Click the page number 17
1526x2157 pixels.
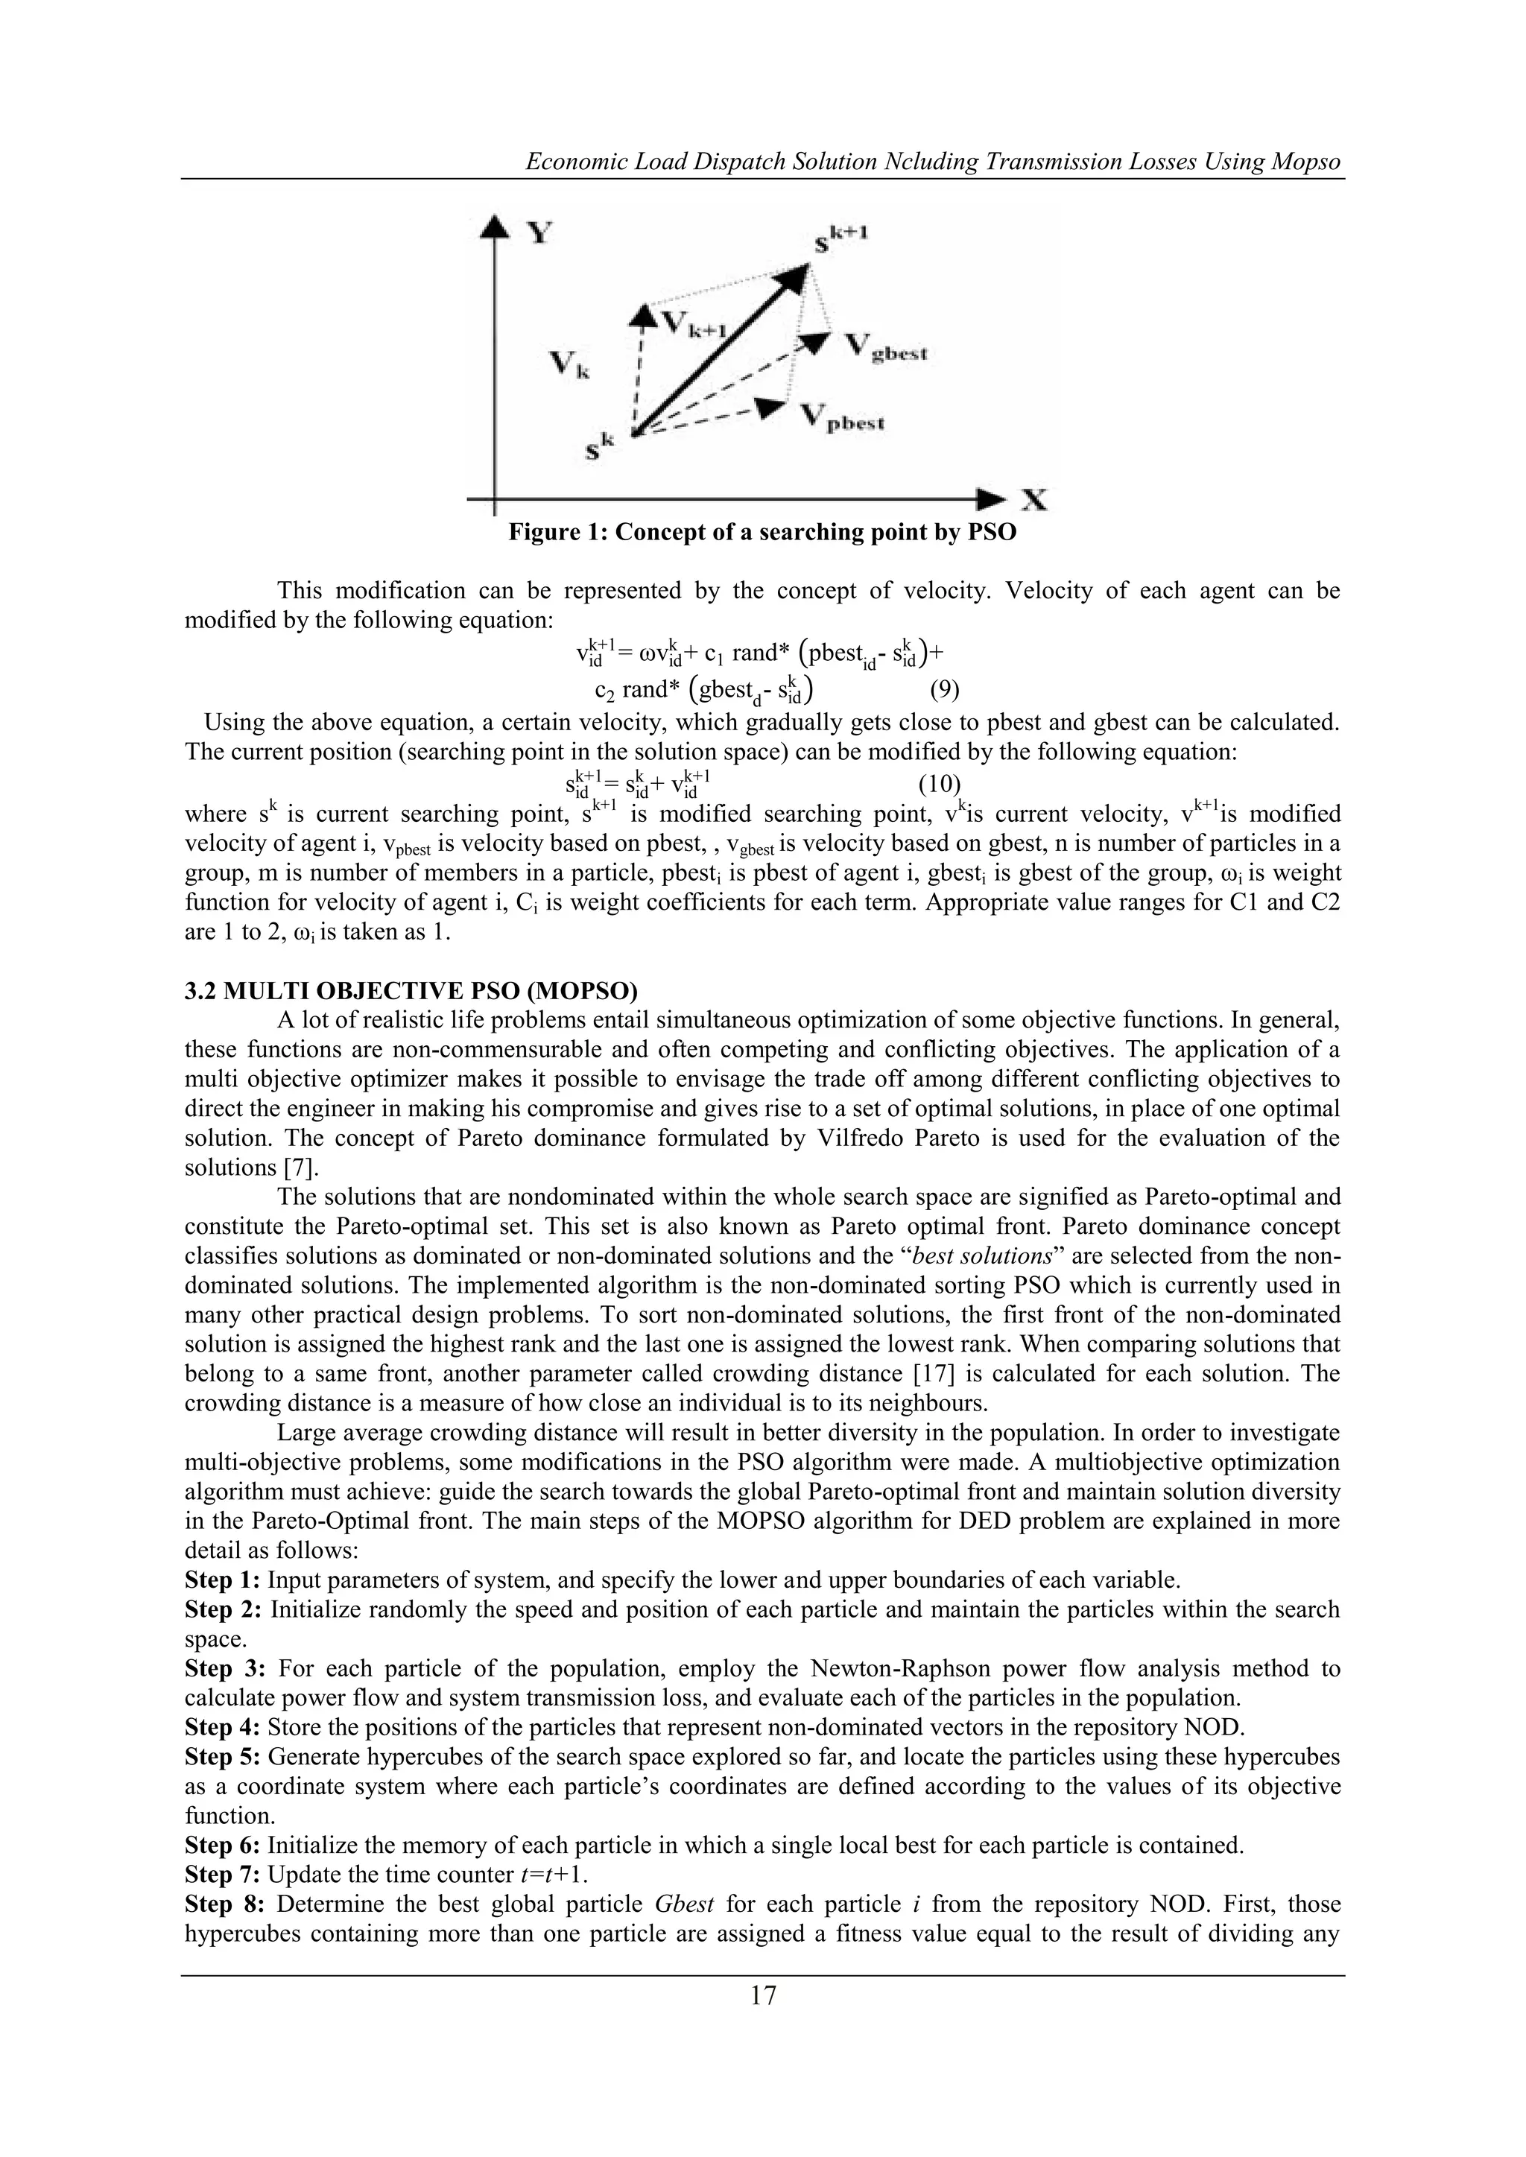pyautogui.click(x=763, y=1995)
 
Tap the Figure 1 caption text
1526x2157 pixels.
pyautogui.click(x=762, y=533)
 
